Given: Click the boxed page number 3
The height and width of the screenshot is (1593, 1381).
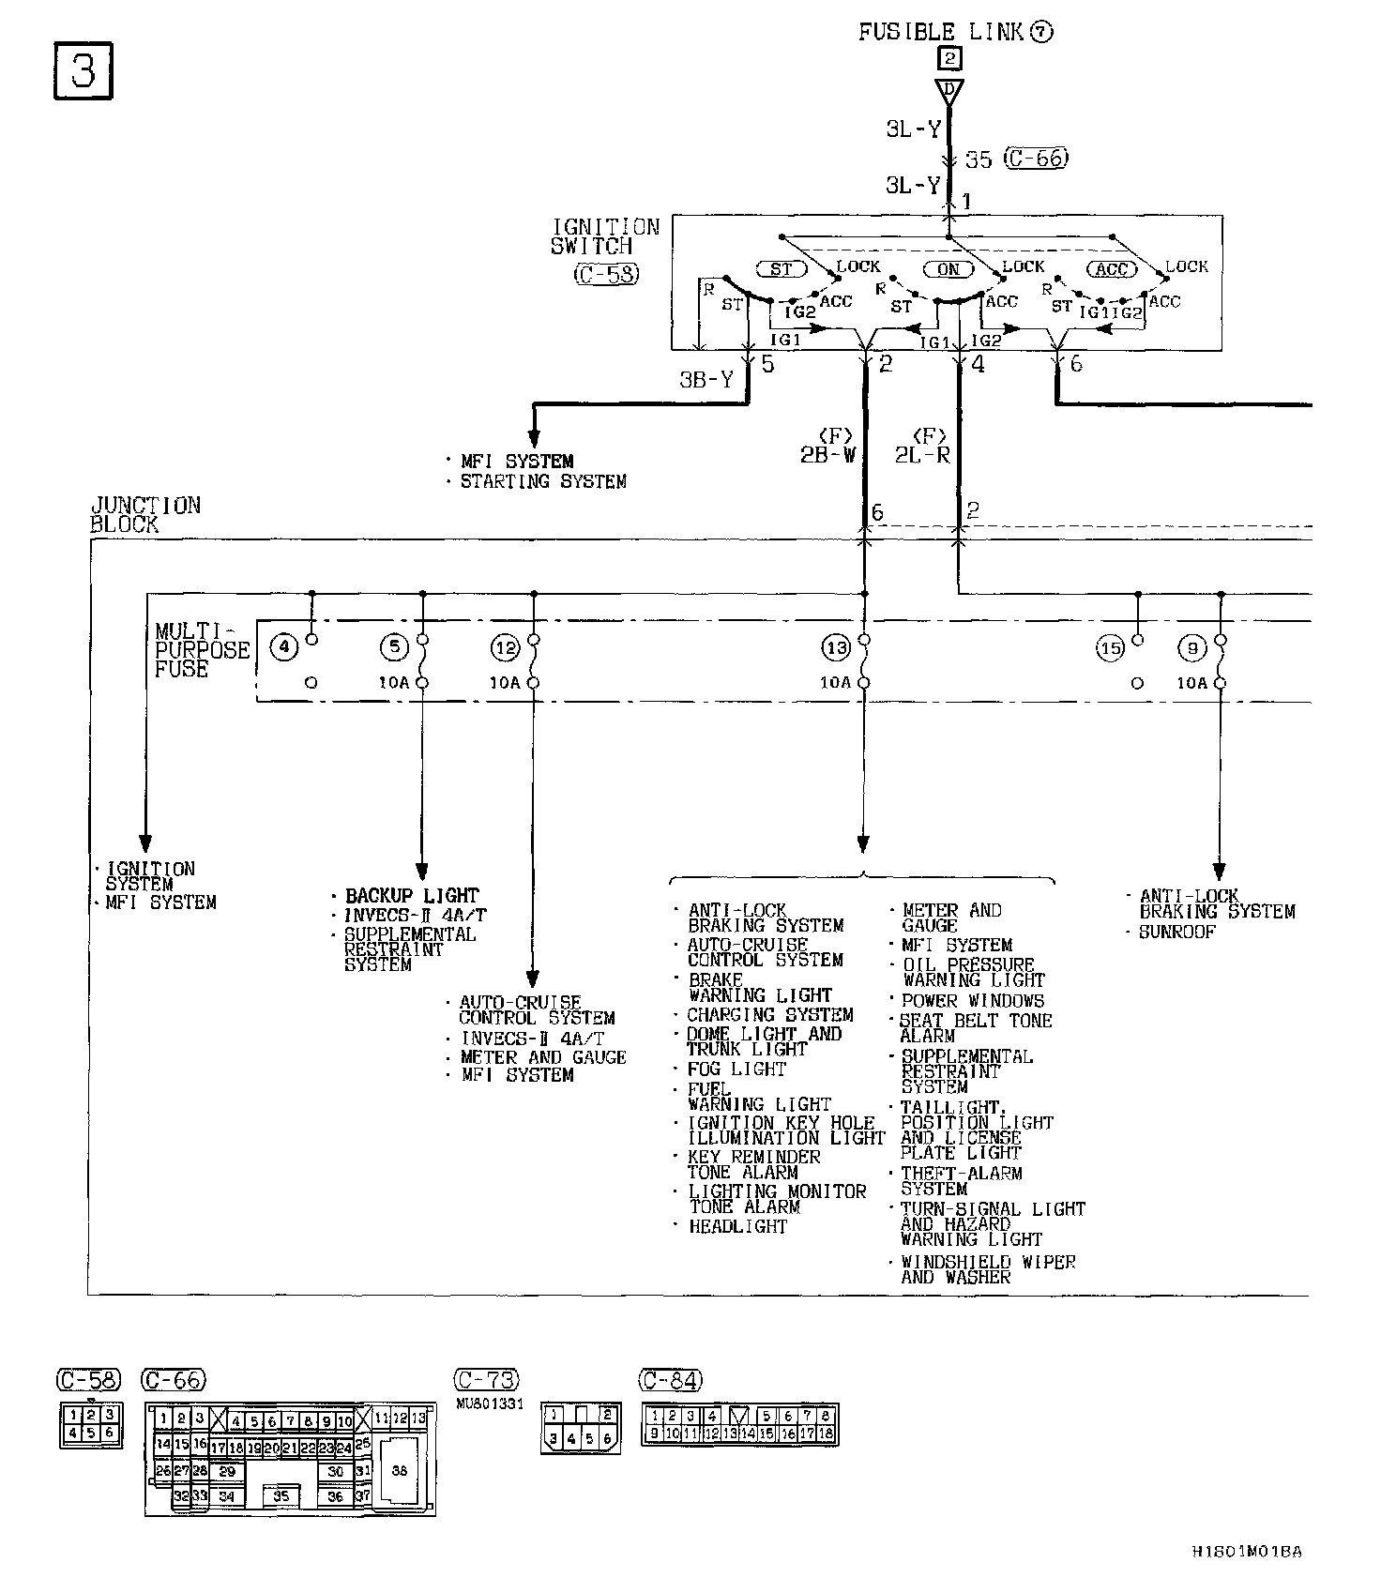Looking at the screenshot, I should point(83,71).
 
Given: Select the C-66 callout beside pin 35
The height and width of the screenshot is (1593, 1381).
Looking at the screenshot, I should point(1036,159).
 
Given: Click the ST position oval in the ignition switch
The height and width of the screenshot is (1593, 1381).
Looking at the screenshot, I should point(782,269).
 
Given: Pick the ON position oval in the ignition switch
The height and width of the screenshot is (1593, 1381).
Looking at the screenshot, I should point(948,269).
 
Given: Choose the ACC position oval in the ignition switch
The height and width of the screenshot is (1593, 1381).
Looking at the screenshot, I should point(1112,269).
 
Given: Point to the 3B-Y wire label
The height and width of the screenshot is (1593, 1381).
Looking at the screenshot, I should point(706,380).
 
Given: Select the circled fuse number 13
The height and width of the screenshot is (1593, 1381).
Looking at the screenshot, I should point(835,647).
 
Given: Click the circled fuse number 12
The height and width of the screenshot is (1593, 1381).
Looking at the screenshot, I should point(505,647).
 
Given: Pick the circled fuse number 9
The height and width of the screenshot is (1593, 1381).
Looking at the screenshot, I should point(1192,647).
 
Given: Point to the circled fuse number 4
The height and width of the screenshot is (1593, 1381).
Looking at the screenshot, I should point(283,646).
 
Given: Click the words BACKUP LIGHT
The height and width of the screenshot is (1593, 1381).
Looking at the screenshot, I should point(412,896).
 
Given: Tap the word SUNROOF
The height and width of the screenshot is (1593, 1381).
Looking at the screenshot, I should point(1176,933).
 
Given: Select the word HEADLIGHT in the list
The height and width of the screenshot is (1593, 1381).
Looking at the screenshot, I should point(737,1226).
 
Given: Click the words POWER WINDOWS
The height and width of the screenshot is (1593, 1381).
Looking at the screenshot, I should point(972,1001).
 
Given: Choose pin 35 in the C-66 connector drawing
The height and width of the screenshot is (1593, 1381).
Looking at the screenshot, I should point(281,1496).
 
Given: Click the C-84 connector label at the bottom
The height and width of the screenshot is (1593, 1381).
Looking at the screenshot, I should point(671,1380).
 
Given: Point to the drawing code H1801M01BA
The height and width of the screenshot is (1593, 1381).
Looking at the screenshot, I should point(1246,1552).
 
